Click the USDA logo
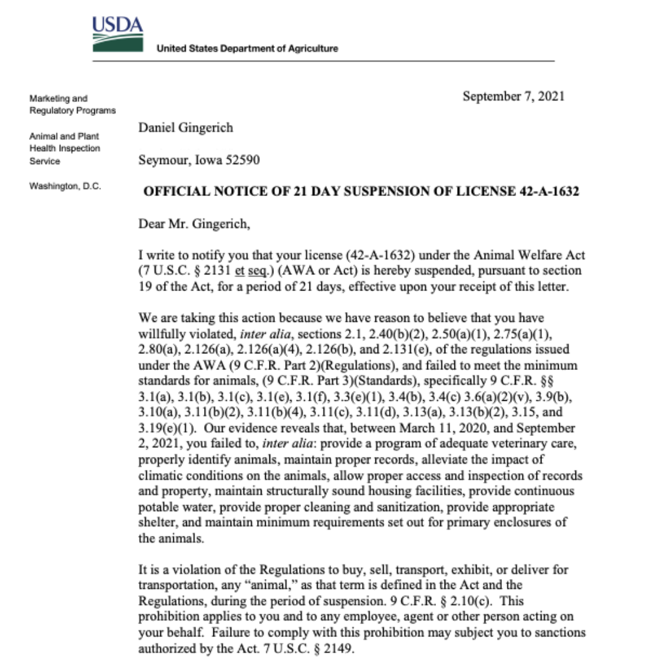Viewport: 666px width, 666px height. pos(118,34)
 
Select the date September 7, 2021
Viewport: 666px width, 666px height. pos(513,96)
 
